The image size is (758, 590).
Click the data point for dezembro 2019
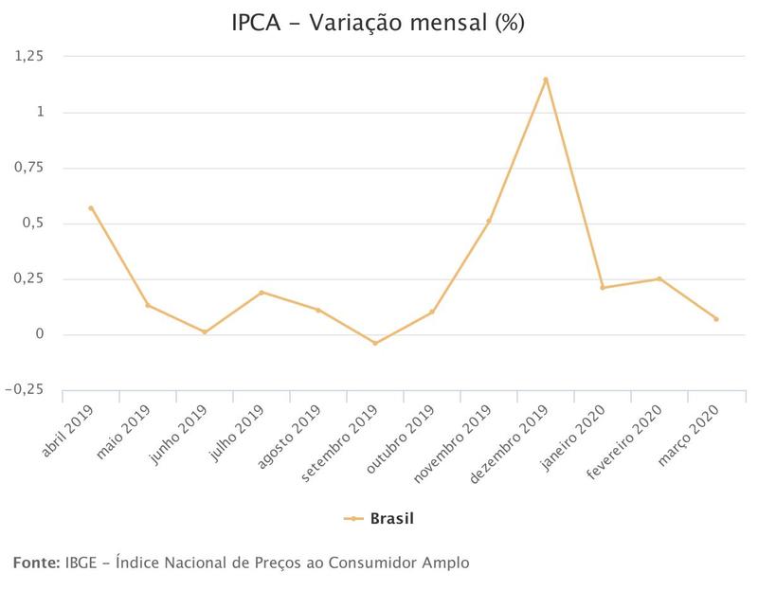click(546, 80)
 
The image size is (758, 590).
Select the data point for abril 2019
click(91, 208)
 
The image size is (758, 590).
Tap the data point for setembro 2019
click(375, 343)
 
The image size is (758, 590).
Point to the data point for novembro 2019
click(489, 222)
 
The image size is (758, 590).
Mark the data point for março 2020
click(716, 319)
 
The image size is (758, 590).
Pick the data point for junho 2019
click(205, 332)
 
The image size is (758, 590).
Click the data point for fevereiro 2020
click(659, 278)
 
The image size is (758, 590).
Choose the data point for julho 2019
click(262, 293)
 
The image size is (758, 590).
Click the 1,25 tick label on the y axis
click(30, 57)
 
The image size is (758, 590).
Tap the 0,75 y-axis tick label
click(30, 168)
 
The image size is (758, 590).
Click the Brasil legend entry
click(379, 518)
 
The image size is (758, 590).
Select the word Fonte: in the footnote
click(36, 563)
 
